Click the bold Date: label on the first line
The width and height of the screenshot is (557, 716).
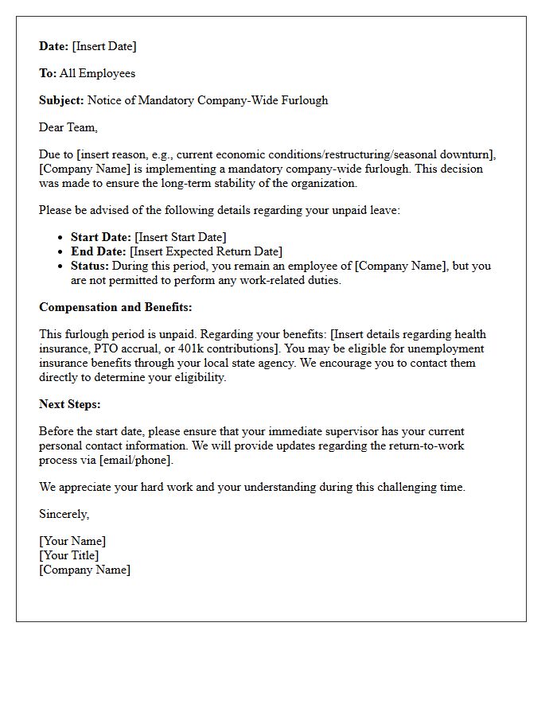[53, 46]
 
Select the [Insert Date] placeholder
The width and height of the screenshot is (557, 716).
[104, 46]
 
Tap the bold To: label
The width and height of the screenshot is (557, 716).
[48, 73]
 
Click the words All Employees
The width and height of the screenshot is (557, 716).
[97, 73]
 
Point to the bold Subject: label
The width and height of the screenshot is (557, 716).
[61, 100]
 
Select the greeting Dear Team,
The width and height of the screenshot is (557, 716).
[68, 127]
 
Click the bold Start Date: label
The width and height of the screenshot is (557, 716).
[101, 237]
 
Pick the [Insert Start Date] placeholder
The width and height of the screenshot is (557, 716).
[181, 237]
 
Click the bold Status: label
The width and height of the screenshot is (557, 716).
[90, 266]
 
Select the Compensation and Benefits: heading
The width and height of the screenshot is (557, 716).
[115, 307]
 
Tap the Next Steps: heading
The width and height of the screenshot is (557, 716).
[70, 404]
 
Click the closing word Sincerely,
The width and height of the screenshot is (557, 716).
[64, 514]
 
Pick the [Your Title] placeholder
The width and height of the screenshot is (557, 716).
[69, 555]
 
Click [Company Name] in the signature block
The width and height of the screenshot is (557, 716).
[84, 570]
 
